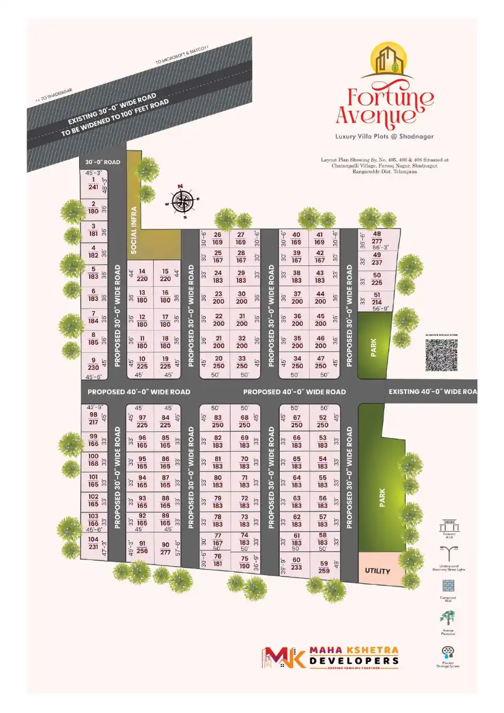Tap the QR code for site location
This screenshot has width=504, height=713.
[x=441, y=356]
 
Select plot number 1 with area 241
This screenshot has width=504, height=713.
[x=93, y=184]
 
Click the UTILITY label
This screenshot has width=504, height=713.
[x=377, y=571]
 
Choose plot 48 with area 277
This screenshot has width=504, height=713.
[x=377, y=238]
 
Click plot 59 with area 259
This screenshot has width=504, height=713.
[x=324, y=567]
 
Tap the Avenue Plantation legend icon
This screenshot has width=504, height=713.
[x=448, y=618]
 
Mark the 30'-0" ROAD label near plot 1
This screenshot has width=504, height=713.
[x=102, y=162]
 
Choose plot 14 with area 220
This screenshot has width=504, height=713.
[x=142, y=275]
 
